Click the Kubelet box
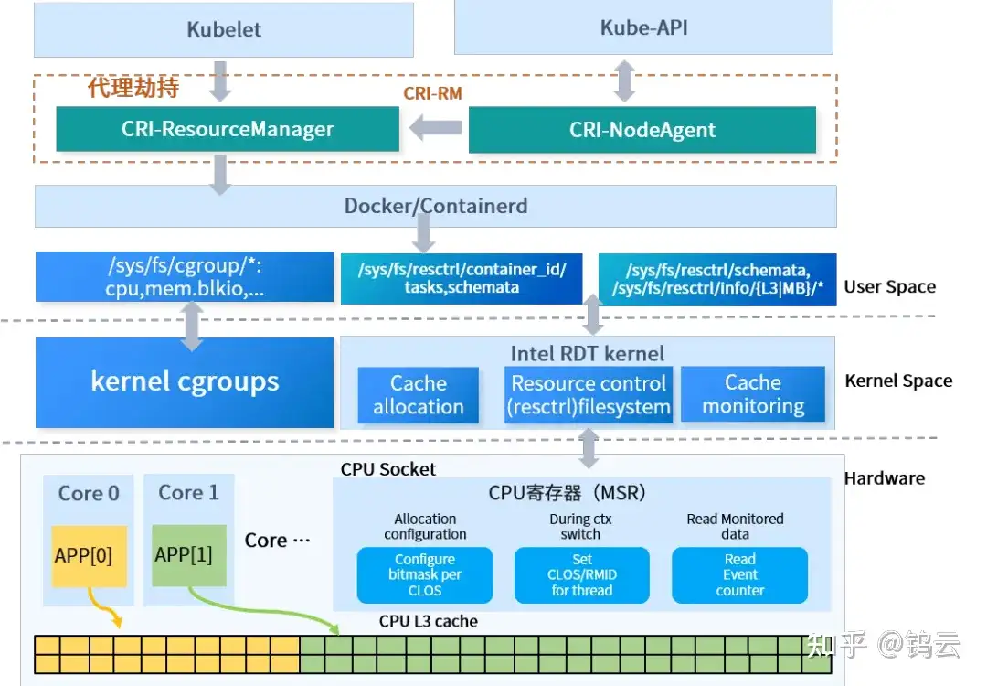point(224,29)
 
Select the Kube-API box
point(643,27)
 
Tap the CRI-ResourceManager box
point(228,129)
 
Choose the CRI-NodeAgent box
point(642,130)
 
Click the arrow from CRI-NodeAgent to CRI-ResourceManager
point(435,129)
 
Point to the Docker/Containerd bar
point(435,206)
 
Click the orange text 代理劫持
point(133,88)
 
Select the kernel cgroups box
point(185,381)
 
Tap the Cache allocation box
point(419,395)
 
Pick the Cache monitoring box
point(753,394)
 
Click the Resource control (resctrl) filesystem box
point(589,395)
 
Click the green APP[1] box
point(189,554)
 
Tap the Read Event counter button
point(739,574)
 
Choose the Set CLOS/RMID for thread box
point(582,574)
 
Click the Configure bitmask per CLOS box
point(425,574)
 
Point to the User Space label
point(889,286)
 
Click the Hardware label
point(884,477)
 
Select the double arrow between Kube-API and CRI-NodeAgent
point(624,80)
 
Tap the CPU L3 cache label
point(429,621)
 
